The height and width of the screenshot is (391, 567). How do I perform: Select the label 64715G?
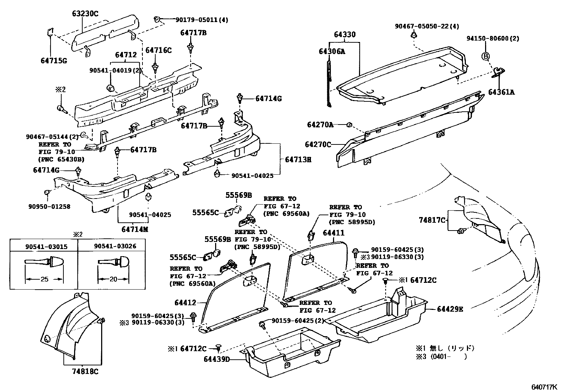click(53, 61)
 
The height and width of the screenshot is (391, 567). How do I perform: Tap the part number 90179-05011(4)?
click(202, 20)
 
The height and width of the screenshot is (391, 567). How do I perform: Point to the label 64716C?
click(158, 50)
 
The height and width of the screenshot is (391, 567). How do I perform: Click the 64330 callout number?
click(344, 35)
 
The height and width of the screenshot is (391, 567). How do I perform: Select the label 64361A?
click(501, 92)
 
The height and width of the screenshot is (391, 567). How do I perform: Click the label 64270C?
click(318, 144)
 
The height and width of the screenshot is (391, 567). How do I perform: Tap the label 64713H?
click(298, 160)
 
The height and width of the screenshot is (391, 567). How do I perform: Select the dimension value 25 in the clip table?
click(44, 279)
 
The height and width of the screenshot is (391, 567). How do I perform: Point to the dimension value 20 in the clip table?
click(113, 279)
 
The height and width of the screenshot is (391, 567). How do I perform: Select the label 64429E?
click(450, 309)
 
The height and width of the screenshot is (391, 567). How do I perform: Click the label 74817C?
click(432, 220)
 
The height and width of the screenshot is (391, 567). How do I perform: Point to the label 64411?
click(333, 233)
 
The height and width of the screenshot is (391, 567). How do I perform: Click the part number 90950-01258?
click(50, 206)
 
